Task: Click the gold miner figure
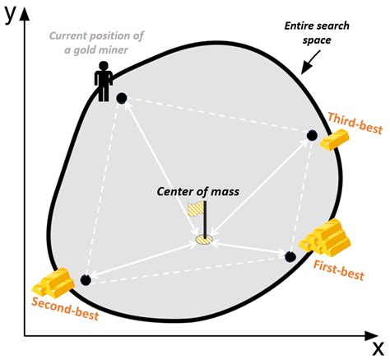(x=104, y=82)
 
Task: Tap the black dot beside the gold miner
(x=122, y=99)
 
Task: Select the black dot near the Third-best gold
(x=312, y=136)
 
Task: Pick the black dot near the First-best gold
(x=290, y=256)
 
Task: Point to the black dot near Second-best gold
(x=86, y=280)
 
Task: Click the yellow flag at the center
(x=194, y=212)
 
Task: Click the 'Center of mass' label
(x=197, y=192)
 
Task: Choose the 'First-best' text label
(x=337, y=268)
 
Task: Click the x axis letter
(x=377, y=345)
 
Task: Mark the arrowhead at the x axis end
(x=362, y=334)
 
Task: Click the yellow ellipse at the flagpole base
(x=203, y=240)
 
